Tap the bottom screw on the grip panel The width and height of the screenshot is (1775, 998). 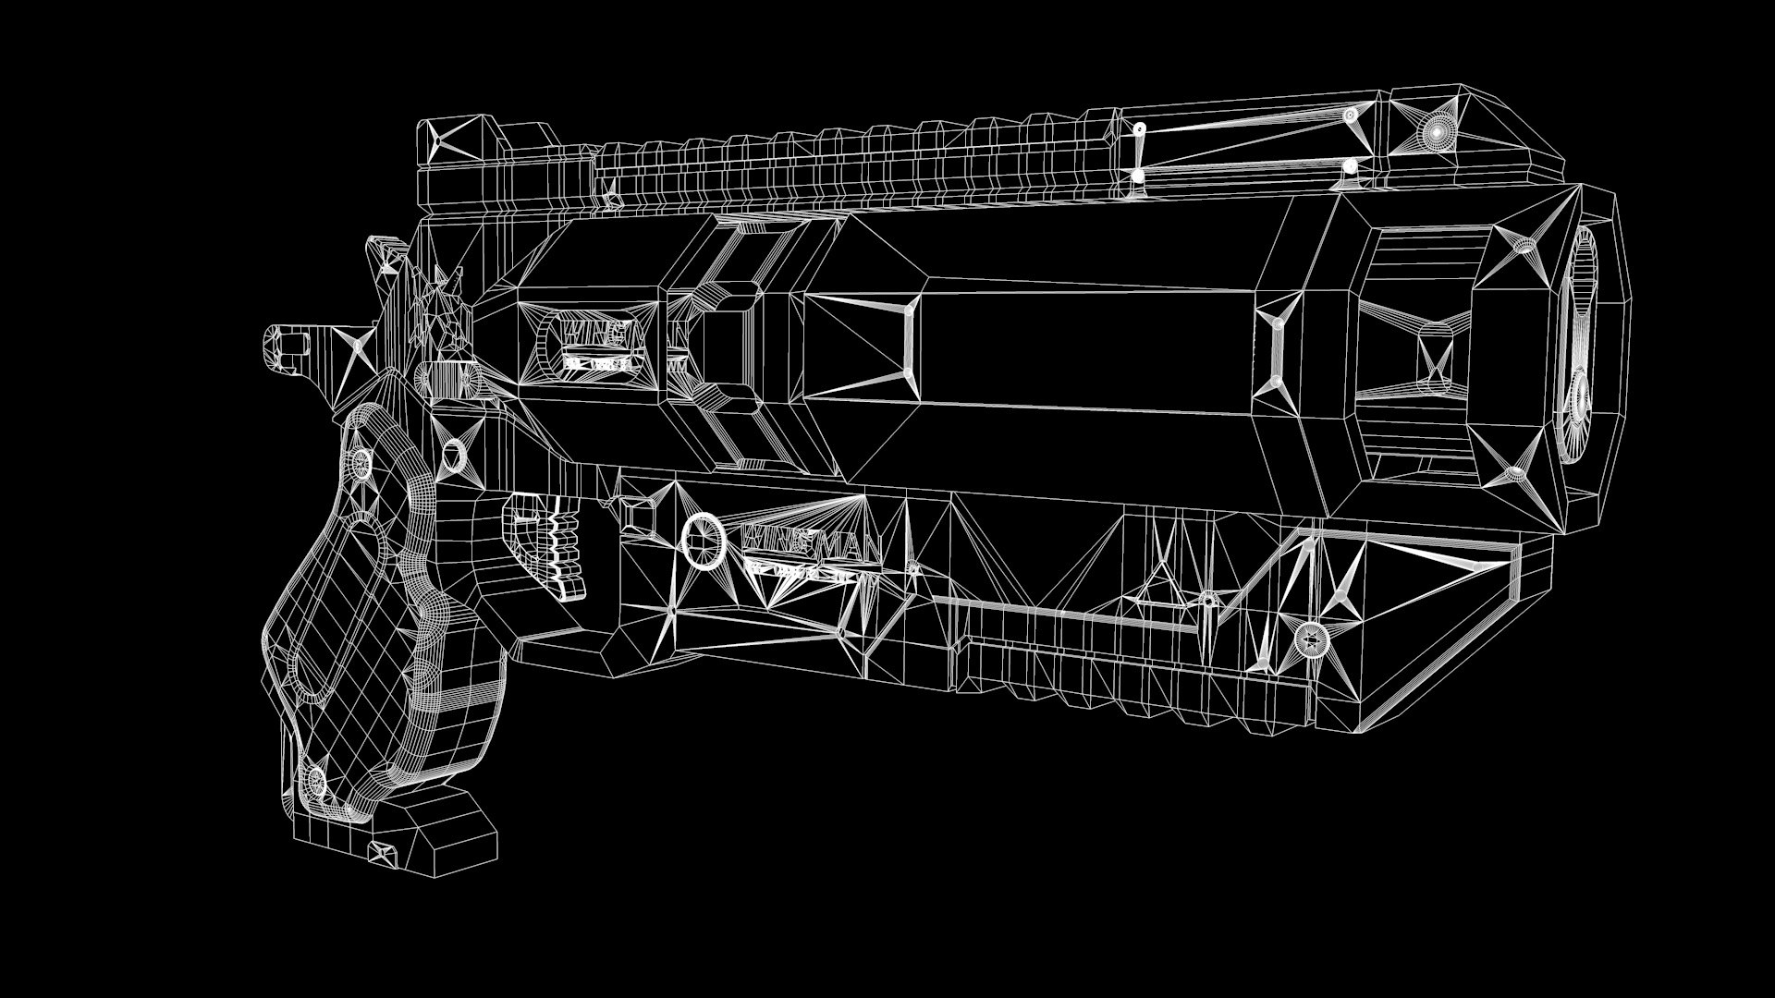(x=317, y=782)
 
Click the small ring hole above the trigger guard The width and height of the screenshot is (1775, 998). (x=454, y=455)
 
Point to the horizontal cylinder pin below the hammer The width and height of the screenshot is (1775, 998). (x=447, y=380)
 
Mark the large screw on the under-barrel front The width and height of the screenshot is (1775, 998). (x=1310, y=638)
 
